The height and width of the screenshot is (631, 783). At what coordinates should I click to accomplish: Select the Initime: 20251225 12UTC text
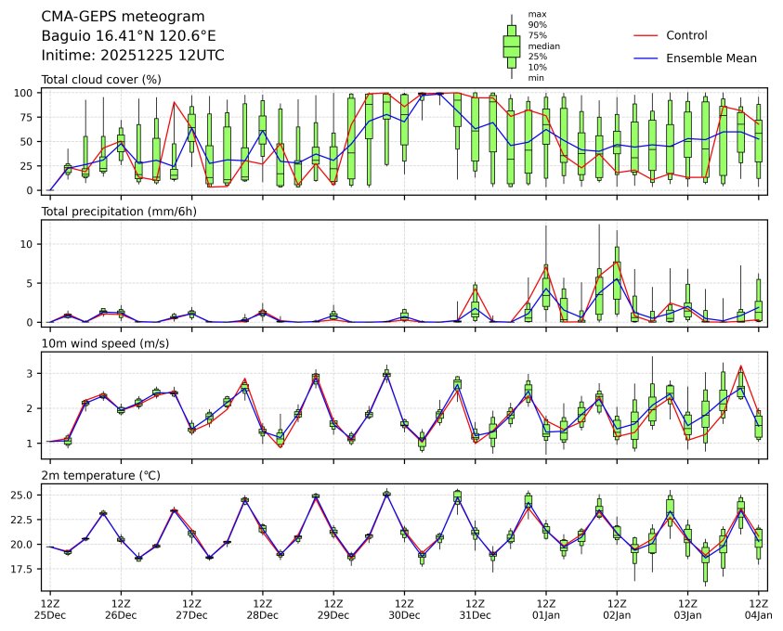(133, 55)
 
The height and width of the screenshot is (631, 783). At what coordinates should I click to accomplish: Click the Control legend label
(686, 35)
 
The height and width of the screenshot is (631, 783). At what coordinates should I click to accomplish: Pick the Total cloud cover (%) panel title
(101, 80)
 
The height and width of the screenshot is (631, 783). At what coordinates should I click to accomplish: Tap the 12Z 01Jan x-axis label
(545, 609)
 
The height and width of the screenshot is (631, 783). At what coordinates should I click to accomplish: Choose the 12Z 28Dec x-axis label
(262, 609)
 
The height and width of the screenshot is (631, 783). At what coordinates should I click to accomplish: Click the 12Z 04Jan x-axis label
(758, 609)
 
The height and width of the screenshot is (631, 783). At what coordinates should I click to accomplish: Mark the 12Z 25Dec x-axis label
(50, 609)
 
